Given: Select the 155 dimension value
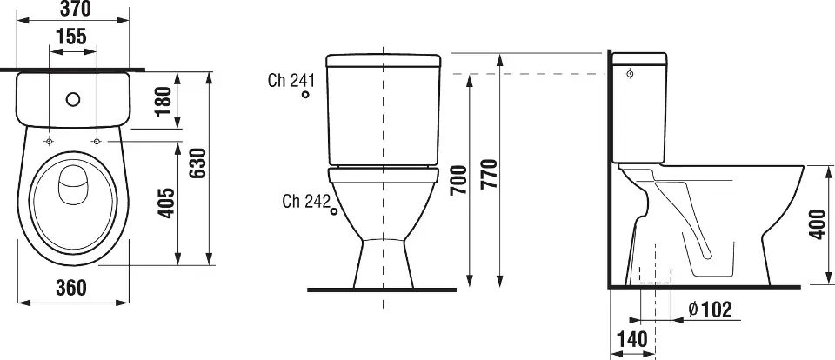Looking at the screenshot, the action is click(71, 37).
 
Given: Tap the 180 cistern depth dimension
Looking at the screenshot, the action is click(164, 101).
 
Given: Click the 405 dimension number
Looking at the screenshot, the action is click(167, 203).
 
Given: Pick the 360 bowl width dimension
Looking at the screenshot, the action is click(70, 288).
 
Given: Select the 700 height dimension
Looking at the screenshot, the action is click(458, 180).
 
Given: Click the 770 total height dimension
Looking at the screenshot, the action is click(489, 174).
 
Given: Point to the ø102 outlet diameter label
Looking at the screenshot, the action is click(710, 310).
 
